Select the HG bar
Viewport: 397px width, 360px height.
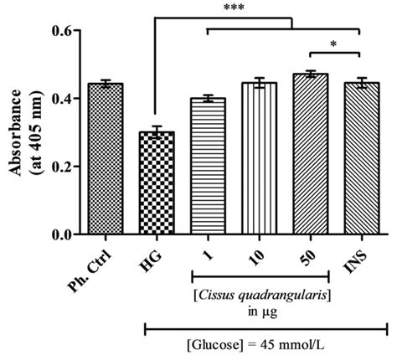pyautogui.click(x=157, y=183)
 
